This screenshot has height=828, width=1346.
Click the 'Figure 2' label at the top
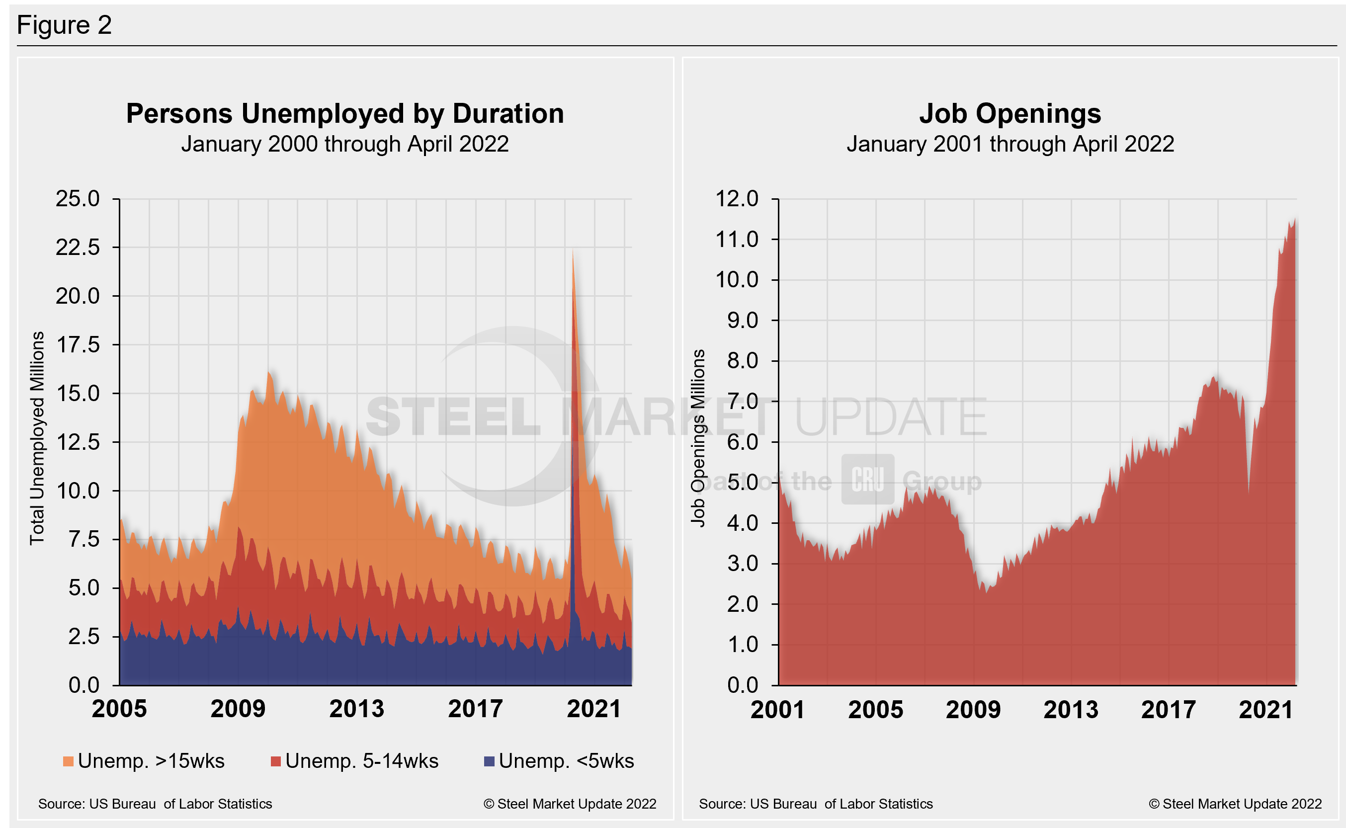[64, 25]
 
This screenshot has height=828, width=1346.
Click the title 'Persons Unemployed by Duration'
[345, 114]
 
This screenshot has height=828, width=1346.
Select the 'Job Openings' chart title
[1010, 114]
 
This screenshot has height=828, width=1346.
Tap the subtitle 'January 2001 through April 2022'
[1010, 145]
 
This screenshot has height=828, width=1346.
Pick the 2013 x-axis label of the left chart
[356, 709]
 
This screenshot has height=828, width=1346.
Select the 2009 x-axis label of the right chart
[973, 710]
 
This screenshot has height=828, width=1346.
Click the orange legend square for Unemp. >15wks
[69, 761]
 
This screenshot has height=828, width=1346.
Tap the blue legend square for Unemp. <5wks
[489, 761]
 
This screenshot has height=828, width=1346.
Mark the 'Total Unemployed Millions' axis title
[37, 438]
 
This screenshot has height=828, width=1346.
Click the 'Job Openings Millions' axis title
[698, 438]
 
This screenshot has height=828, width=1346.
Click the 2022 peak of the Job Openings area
[1294, 220]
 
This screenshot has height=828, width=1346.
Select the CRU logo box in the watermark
[867, 479]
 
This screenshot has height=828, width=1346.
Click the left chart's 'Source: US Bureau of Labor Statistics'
[155, 804]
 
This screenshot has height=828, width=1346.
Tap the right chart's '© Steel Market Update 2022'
[1235, 804]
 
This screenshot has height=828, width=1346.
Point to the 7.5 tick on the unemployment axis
[84, 539]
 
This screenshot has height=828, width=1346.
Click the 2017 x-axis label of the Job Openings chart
[1169, 710]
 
